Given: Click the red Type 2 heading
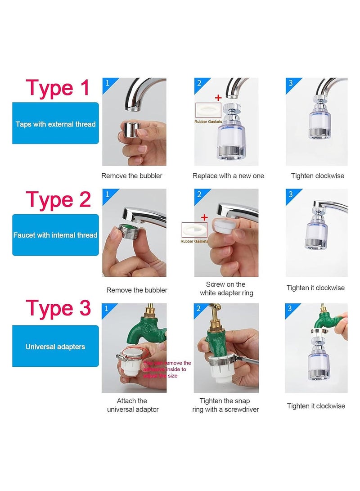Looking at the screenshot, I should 58,199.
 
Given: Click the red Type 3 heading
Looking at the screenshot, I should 58,308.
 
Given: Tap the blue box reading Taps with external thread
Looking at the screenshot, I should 55,123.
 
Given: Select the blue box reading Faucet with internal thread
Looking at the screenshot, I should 55,235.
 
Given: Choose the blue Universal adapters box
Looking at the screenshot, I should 55,347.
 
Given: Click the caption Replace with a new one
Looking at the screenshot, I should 228,176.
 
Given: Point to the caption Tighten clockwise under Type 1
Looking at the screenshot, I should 317,176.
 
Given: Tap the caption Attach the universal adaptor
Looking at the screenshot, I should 132,405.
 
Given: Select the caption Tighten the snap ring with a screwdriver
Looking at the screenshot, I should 229,405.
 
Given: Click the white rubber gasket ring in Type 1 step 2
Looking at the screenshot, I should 207,111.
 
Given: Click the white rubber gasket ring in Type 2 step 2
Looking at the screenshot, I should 195,231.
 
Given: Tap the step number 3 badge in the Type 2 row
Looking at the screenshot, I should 291,194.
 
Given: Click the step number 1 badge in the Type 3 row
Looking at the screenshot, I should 107,309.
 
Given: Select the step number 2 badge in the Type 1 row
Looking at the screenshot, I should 199,83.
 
